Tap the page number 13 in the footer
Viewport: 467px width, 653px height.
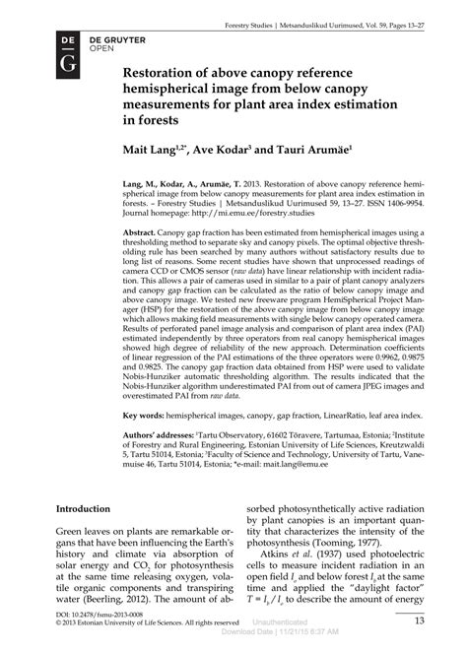(420, 620)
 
